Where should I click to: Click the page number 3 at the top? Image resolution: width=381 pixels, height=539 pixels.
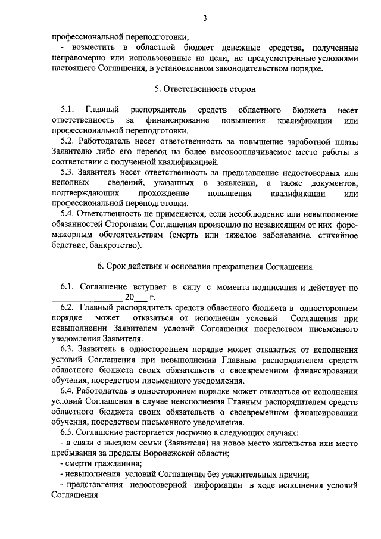point(204,18)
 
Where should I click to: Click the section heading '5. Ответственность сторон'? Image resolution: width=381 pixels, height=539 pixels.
point(204,90)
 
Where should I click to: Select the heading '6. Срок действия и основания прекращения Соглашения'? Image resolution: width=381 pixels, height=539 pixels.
point(204,266)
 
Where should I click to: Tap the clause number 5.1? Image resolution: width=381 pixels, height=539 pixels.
point(67,110)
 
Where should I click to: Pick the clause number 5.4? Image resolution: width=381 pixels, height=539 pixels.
point(67,213)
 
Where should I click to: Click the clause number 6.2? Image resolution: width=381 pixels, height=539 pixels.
point(67,307)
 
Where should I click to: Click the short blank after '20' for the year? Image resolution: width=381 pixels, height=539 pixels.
point(142,298)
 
